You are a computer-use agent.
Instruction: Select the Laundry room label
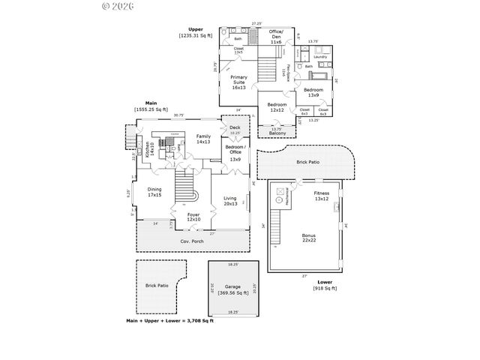319,55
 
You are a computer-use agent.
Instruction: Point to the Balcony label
276,134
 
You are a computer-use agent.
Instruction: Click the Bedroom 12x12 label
276,107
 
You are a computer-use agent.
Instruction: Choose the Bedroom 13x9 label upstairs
313,92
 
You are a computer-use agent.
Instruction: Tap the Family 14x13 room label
202,139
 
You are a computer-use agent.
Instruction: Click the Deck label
235,127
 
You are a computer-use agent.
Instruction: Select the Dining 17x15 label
154,192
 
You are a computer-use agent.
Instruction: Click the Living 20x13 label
230,201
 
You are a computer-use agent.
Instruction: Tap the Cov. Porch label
193,241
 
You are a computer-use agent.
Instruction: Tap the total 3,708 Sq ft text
169,321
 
